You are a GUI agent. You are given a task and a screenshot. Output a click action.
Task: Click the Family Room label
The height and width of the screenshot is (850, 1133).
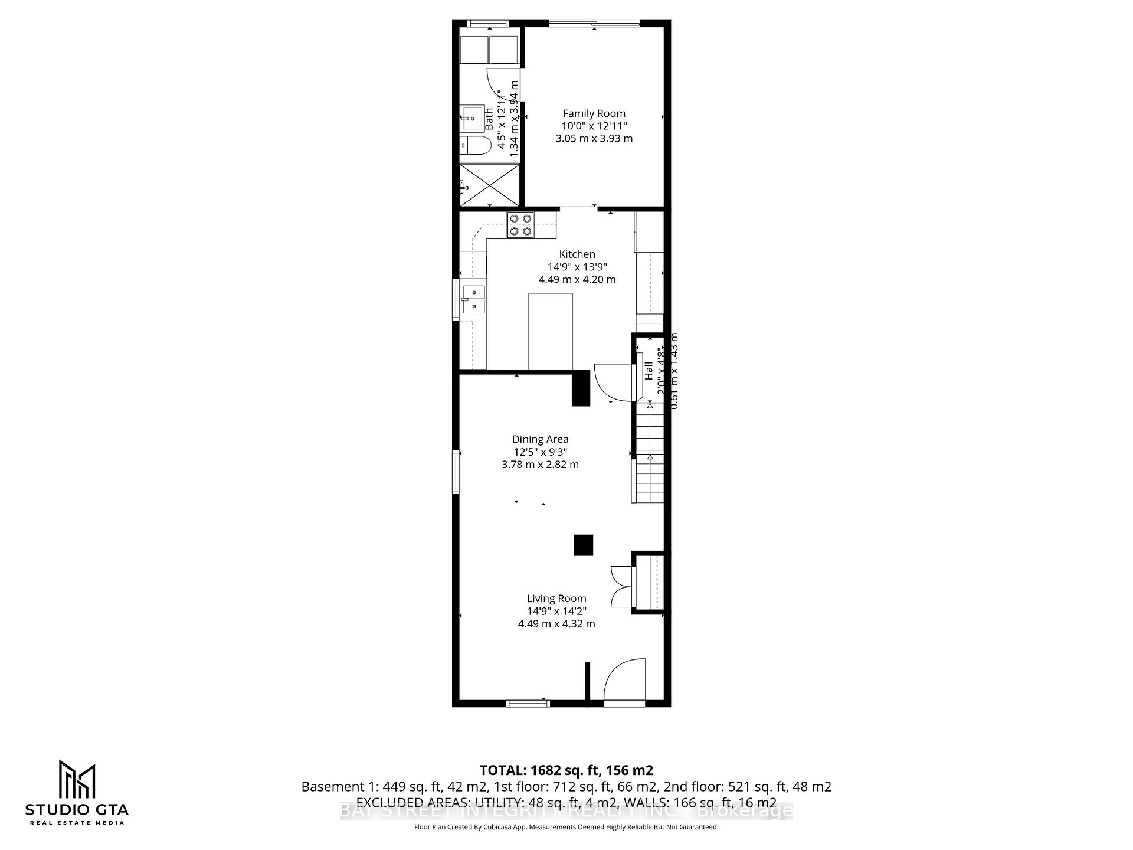[594, 113]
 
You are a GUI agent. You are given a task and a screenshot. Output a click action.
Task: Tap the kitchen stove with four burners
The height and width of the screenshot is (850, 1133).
[520, 225]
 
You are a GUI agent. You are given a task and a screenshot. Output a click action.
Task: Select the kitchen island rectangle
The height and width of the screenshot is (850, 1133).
[550, 331]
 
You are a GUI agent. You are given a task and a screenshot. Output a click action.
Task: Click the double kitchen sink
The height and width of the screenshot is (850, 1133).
[473, 299]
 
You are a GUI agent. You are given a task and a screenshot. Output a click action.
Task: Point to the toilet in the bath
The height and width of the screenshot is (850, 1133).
[476, 145]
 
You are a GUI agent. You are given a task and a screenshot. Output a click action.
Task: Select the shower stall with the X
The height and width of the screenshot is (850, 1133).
[489, 184]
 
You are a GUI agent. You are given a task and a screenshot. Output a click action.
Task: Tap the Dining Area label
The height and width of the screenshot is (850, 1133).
[540, 439]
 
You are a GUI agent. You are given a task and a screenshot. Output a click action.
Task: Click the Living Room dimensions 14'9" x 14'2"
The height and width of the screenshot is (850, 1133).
[556, 611]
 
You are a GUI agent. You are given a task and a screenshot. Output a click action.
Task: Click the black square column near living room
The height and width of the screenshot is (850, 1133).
[583, 545]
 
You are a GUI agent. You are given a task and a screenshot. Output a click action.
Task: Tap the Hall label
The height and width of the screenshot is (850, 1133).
[649, 370]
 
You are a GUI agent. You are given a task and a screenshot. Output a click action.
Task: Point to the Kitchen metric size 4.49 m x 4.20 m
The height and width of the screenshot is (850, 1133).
[577, 279]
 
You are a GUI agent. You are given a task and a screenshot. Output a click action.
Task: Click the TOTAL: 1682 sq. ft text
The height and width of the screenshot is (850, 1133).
[566, 770]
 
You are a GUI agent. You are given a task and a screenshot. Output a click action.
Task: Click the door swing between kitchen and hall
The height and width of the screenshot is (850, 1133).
[611, 381]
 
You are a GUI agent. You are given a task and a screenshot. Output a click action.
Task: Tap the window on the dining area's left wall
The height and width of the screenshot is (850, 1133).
[456, 471]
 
